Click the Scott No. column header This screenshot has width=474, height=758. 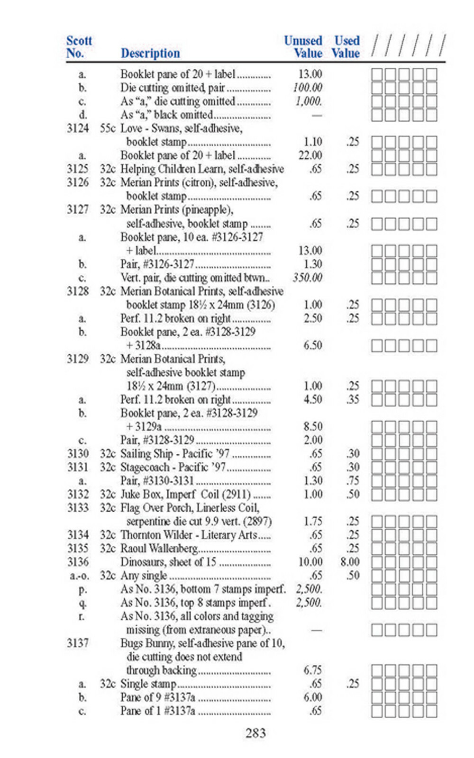click(x=79, y=47)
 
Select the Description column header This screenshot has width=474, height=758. click(x=150, y=53)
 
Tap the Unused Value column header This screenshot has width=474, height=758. click(x=303, y=47)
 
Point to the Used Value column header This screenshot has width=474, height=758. click(x=346, y=47)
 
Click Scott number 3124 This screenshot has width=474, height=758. click(x=78, y=128)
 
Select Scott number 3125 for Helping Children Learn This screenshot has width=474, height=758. click(x=78, y=169)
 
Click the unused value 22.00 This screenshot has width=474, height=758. click(x=310, y=155)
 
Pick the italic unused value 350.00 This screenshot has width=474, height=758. click(x=307, y=278)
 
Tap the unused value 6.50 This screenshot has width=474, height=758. click(x=313, y=345)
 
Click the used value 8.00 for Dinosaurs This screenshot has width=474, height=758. click(x=350, y=562)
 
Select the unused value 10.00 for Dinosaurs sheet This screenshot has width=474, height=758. click(x=310, y=562)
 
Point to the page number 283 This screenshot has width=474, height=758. click(x=255, y=733)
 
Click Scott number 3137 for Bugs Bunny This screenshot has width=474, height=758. click(x=78, y=643)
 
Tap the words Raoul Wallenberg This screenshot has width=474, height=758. click(x=159, y=549)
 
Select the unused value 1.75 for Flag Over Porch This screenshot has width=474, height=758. click(x=313, y=522)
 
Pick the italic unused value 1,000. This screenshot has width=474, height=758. click(x=309, y=101)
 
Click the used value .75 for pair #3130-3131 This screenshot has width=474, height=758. click(x=353, y=481)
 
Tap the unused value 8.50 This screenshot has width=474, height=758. click(x=313, y=426)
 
